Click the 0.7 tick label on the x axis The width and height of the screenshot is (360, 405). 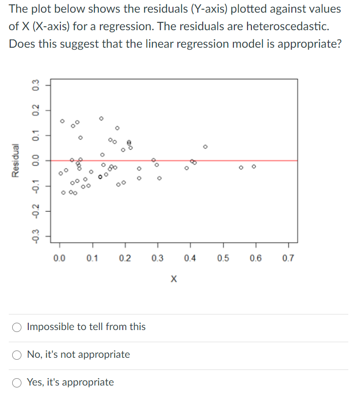pos(288,258)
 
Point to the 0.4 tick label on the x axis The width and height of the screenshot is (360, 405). pos(190,258)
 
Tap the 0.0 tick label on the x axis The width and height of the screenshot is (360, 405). pos(59,258)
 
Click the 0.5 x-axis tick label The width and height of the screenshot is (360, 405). pos(223,258)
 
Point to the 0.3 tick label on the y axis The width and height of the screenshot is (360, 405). pos(35,85)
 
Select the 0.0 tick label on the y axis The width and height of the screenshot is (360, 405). pos(35,160)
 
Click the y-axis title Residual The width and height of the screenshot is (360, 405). pos(17,160)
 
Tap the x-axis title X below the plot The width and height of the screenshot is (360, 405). pos(174,279)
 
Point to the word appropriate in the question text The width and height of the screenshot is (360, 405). pos(301,43)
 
